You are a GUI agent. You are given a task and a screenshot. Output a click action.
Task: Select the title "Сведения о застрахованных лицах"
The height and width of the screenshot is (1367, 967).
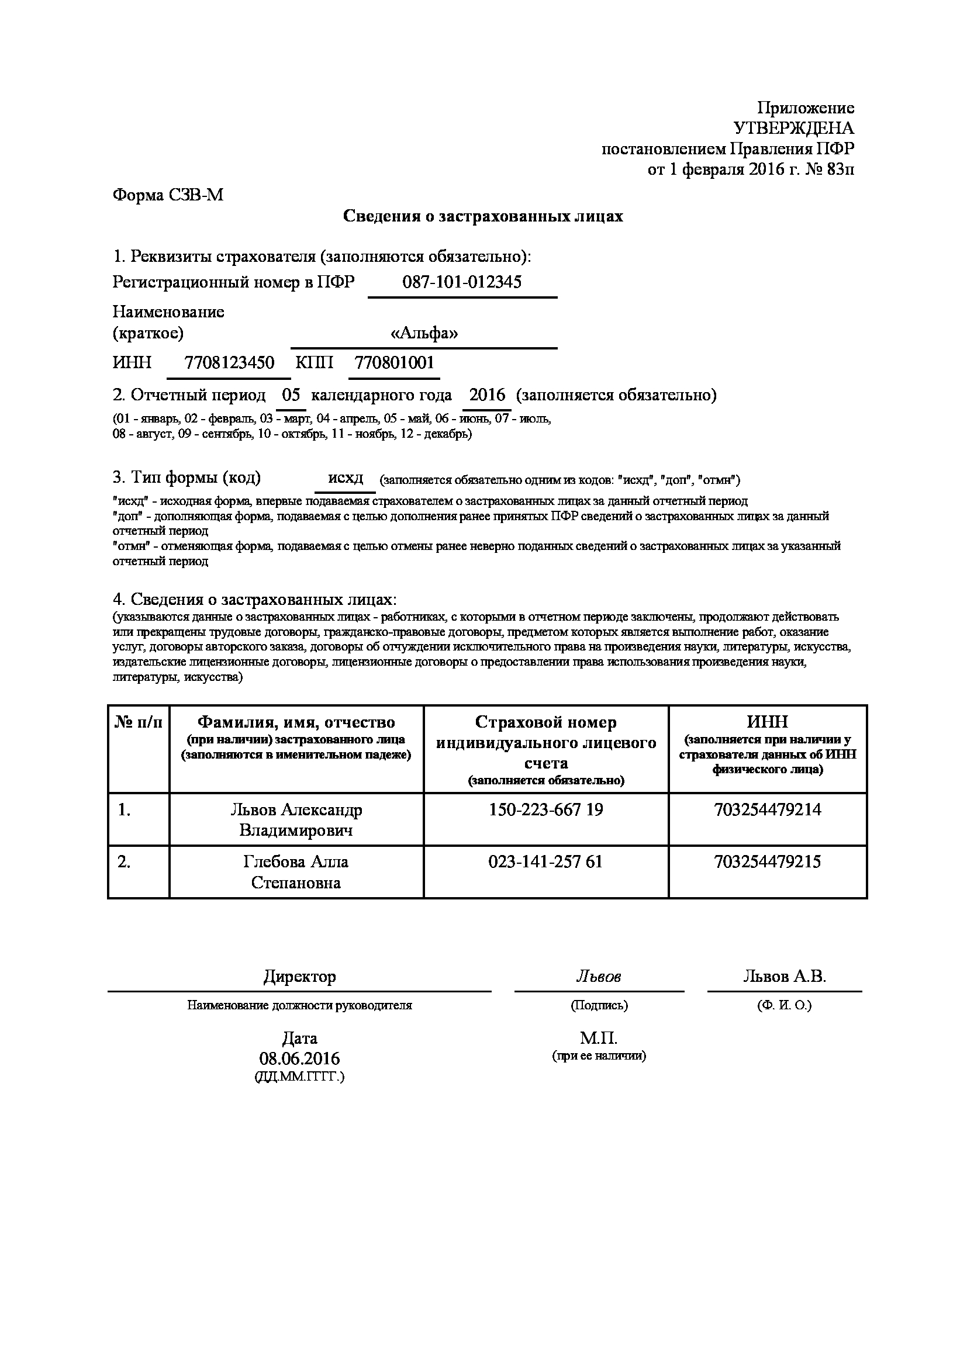[483, 216]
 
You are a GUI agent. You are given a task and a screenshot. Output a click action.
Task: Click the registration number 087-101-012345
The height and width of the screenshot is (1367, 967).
[462, 282]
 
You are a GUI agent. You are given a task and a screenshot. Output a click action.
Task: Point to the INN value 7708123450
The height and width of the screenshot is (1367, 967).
[229, 362]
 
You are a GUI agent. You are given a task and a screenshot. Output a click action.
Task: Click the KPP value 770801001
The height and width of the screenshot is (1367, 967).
[394, 362]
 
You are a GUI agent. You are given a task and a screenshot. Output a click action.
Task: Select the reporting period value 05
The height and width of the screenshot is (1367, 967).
[291, 394]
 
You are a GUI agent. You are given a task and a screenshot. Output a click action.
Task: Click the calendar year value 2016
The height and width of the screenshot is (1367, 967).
[487, 394]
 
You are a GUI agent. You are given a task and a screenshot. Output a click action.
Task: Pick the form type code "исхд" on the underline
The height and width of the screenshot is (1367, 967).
[346, 477]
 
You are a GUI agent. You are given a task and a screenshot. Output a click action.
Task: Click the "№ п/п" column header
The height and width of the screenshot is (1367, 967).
[138, 722]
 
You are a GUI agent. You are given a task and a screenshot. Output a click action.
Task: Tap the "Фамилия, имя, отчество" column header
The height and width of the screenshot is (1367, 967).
[296, 722]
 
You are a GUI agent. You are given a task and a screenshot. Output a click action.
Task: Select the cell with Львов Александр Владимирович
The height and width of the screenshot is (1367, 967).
[296, 820]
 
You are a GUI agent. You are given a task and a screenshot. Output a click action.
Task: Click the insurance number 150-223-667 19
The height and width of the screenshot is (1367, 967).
[545, 809]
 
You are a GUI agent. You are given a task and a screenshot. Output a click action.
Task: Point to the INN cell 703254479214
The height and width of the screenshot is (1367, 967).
[767, 809]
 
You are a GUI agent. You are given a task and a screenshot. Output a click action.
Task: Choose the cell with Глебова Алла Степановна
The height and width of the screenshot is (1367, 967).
[296, 871]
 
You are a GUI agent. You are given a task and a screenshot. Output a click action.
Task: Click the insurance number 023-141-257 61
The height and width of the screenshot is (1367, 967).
[545, 861]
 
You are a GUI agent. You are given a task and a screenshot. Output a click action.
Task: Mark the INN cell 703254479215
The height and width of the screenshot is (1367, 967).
[767, 861]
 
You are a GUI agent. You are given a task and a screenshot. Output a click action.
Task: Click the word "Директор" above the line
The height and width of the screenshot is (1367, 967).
[299, 977]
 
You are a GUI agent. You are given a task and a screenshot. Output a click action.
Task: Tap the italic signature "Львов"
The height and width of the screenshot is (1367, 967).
[599, 977]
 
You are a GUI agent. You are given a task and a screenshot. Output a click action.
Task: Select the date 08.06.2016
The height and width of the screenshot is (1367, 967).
[299, 1058]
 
